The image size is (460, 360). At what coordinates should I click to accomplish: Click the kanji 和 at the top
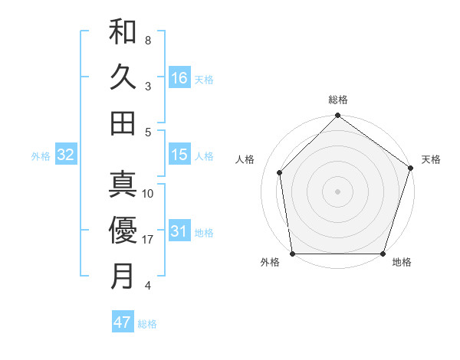click(x=123, y=32)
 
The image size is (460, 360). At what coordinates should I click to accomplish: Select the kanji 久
click(x=123, y=77)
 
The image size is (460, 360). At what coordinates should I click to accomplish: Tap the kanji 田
click(x=123, y=123)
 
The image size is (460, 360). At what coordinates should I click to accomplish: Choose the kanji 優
click(x=123, y=230)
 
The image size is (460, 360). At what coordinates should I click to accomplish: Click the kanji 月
click(x=123, y=276)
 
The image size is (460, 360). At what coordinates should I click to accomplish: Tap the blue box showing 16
click(x=179, y=77)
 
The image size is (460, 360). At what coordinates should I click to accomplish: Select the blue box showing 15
click(x=179, y=155)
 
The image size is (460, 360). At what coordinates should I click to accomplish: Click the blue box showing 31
click(x=179, y=231)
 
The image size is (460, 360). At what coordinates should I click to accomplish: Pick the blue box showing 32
click(x=66, y=155)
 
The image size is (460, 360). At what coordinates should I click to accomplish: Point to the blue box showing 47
click(x=122, y=322)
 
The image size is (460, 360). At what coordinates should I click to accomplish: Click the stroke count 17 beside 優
click(x=148, y=240)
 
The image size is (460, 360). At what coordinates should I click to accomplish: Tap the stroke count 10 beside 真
click(x=148, y=194)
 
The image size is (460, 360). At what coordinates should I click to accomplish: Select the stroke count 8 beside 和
click(x=148, y=40)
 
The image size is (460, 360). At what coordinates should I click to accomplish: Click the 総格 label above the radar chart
click(x=337, y=100)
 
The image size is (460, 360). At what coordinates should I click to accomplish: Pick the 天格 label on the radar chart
click(x=431, y=159)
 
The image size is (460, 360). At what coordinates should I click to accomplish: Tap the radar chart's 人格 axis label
click(x=245, y=159)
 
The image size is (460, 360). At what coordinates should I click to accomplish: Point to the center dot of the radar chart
click(x=337, y=191)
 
